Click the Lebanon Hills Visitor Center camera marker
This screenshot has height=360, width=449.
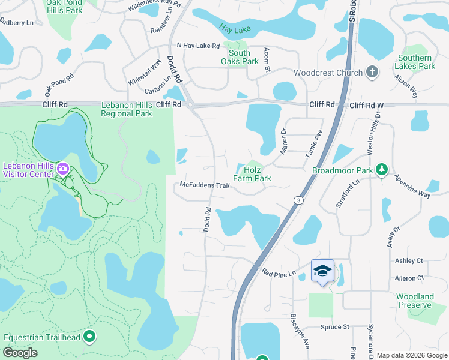pyautogui.click(x=62, y=170)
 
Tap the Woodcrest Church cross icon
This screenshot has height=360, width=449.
pyautogui.click(x=372, y=73)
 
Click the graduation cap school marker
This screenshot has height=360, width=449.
pyautogui.click(x=322, y=271)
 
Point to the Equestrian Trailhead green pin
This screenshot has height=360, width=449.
pyautogui.click(x=90, y=337)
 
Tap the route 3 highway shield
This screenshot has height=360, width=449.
pyautogui.click(x=297, y=200)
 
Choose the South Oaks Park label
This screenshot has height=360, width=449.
pyautogui.click(x=239, y=57)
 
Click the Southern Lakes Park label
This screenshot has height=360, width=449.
pyautogui.click(x=415, y=62)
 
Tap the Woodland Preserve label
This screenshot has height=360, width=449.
pyautogui.click(x=415, y=301)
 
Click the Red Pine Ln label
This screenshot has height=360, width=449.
pyautogui.click(x=279, y=272)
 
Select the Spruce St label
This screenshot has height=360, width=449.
pyautogui.click(x=335, y=327)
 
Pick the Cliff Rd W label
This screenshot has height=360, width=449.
pyautogui.click(x=366, y=105)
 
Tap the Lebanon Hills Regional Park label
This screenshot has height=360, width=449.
pyautogui.click(x=127, y=109)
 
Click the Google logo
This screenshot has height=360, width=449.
pyautogui.click(x=20, y=353)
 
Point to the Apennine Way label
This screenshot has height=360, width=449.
pyautogui.click(x=412, y=187)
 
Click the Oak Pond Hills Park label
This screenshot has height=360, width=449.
pyautogui.click(x=73, y=6)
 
